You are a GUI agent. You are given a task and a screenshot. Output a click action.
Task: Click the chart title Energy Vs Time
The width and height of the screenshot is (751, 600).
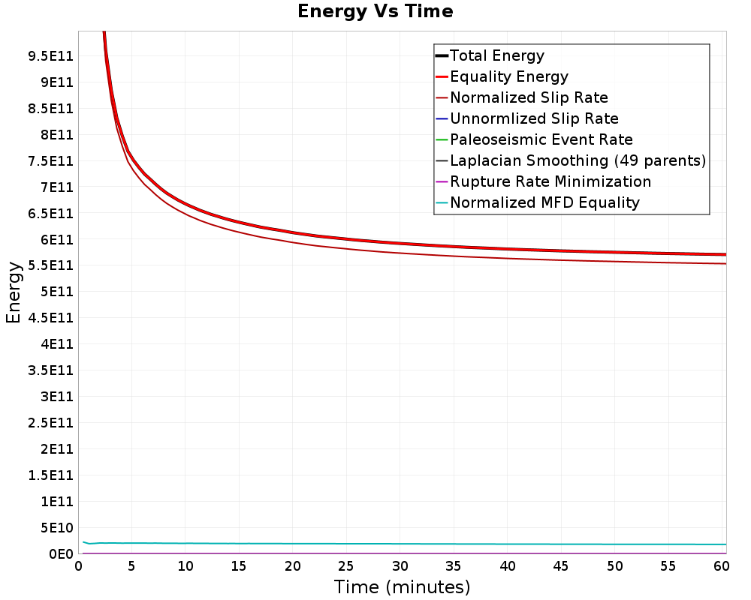pyautogui.click(x=375, y=11)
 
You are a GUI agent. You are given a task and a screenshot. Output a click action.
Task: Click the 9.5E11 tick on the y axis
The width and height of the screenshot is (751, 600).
pyautogui.click(x=51, y=56)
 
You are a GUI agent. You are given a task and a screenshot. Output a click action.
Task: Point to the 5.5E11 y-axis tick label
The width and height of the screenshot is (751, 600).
pyautogui.click(x=51, y=265)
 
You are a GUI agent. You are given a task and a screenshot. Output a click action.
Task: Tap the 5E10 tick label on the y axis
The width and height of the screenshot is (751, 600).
pyautogui.click(x=57, y=528)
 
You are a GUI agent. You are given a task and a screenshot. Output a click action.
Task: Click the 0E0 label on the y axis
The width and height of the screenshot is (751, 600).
pyautogui.click(x=62, y=554)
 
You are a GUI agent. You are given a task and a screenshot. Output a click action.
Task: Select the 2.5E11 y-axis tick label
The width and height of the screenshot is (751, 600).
pyautogui.click(x=51, y=423)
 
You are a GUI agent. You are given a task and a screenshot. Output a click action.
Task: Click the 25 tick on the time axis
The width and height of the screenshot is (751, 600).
pyautogui.click(x=345, y=566)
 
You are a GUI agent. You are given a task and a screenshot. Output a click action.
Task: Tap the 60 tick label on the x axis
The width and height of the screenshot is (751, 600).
pyautogui.click(x=721, y=566)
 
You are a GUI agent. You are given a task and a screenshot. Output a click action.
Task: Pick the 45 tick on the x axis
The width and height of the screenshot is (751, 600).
pyautogui.click(x=560, y=566)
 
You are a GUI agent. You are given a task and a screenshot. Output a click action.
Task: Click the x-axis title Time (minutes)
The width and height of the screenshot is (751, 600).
pyautogui.click(x=402, y=587)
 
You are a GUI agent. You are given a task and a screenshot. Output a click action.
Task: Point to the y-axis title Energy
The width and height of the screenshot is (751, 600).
pyautogui.click(x=14, y=292)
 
